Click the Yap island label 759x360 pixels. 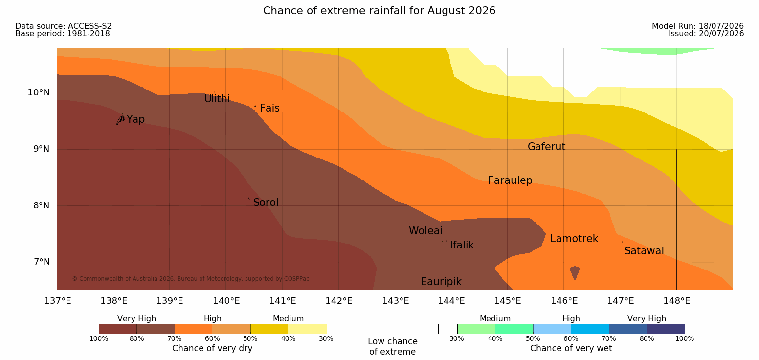pos(135,120)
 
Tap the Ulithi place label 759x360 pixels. pos(217,99)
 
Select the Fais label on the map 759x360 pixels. pos(270,108)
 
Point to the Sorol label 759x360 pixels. pos(266,202)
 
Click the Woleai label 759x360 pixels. pos(425,231)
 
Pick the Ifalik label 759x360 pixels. pos(462,245)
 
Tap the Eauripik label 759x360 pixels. pos(441,282)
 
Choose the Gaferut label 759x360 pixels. pos(547,147)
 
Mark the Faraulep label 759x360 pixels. pos(510,180)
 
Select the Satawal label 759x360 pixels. pos(644,251)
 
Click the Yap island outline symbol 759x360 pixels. pos(121,120)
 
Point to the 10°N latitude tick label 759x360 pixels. pos(39,92)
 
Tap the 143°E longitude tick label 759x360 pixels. pos(396,301)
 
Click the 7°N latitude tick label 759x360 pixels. pos(42,262)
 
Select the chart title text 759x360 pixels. pos(379,11)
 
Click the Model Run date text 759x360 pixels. pos(698,26)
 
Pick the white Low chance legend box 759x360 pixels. pos(392,329)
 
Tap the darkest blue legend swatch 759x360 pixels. pos(666,329)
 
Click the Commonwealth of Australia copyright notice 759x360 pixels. pos(191,279)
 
